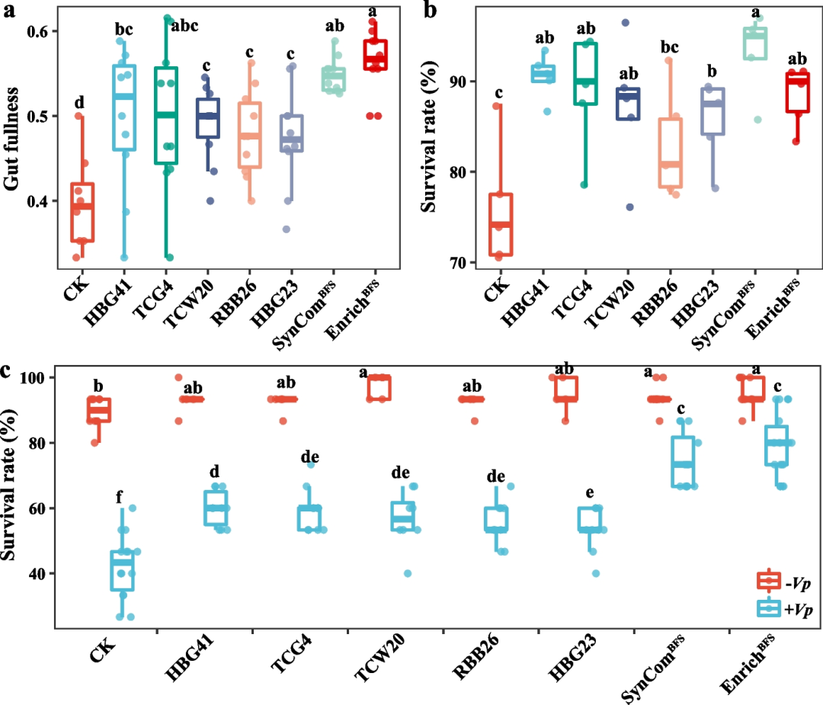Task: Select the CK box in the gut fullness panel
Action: tap(82, 212)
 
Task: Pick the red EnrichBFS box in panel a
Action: tap(373, 54)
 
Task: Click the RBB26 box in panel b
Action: tap(671, 152)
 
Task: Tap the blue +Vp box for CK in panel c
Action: tap(122, 570)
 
